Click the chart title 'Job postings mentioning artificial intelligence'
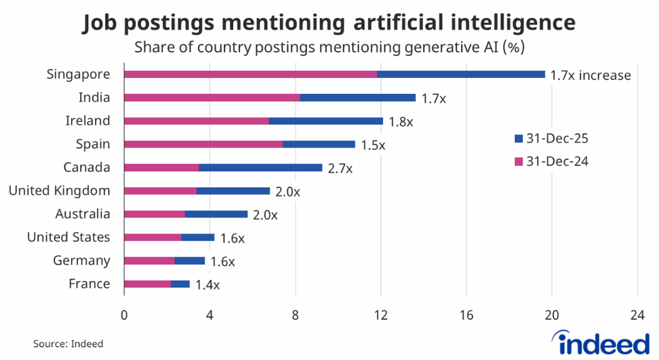pyautogui.click(x=329, y=22)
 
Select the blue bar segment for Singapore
pyautogui.click(x=461, y=75)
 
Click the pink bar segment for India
pyautogui.click(x=212, y=98)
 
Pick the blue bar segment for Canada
pyautogui.click(x=261, y=167)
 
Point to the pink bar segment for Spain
pyautogui.click(x=203, y=144)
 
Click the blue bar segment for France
pyautogui.click(x=180, y=284)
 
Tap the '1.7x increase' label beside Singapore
pyautogui.click(x=590, y=75)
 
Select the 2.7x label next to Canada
pyautogui.click(x=340, y=169)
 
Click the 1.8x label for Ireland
pyautogui.click(x=401, y=122)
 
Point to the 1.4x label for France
pyautogui.click(x=207, y=285)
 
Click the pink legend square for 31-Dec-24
pyautogui.click(x=519, y=162)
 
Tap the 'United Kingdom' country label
pyautogui.click(x=59, y=191)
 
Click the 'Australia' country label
pyautogui.click(x=82, y=214)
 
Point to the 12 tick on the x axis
pyautogui.click(x=380, y=316)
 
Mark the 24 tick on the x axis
pyautogui.click(x=637, y=316)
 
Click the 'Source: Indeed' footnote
pyautogui.click(x=68, y=344)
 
